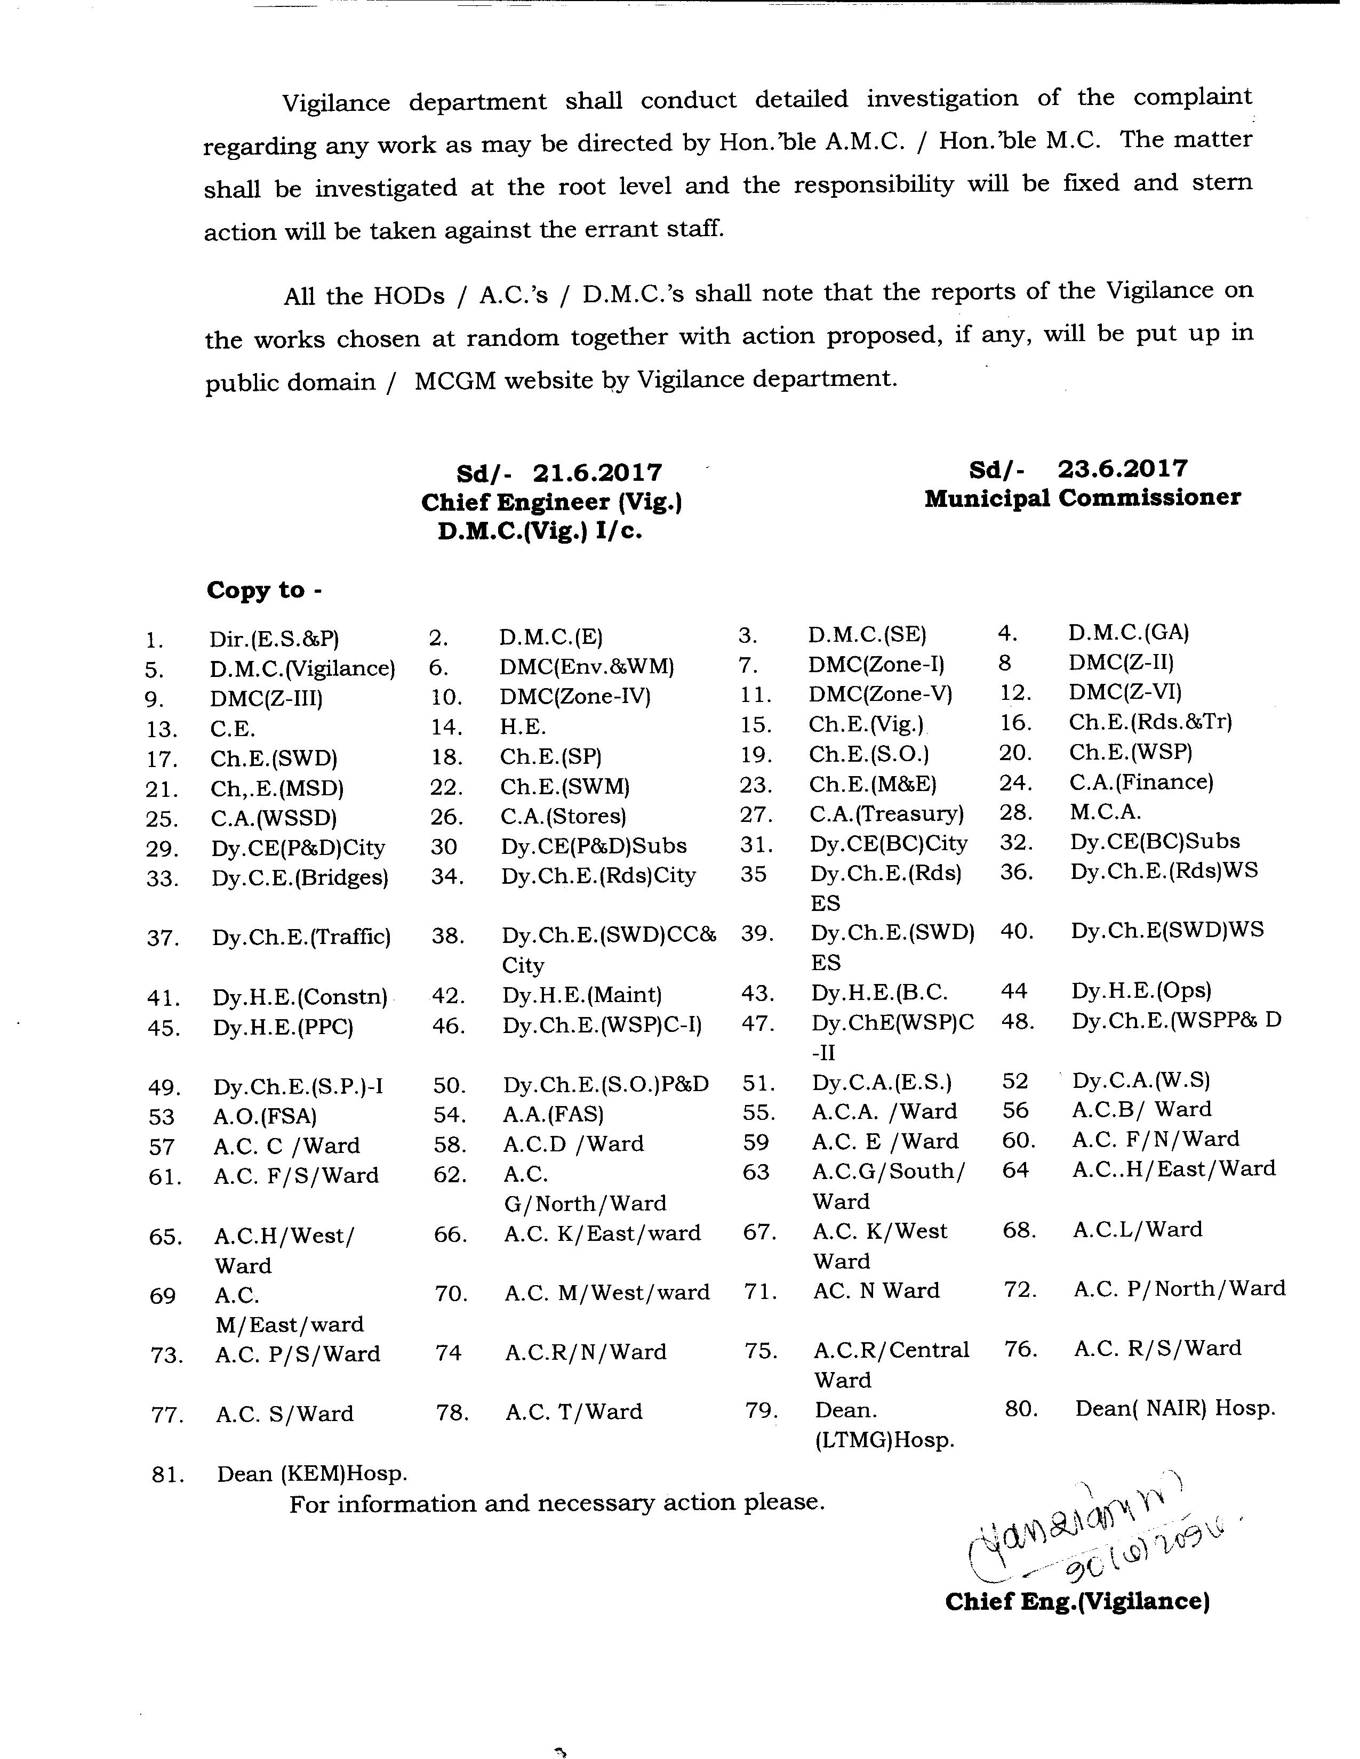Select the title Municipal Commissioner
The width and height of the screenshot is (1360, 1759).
1082,498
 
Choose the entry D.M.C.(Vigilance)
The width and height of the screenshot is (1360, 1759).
302,668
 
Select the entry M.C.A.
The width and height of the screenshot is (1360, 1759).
1105,812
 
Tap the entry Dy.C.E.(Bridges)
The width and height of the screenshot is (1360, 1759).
300,877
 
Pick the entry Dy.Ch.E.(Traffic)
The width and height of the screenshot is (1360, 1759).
301,937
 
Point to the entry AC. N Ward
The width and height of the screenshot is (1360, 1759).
877,1290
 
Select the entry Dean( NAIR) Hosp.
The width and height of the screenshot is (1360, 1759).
1175,1409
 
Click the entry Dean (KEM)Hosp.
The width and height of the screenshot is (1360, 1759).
312,1474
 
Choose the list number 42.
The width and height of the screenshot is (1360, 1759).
448,996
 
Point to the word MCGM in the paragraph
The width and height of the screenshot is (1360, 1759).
455,380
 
